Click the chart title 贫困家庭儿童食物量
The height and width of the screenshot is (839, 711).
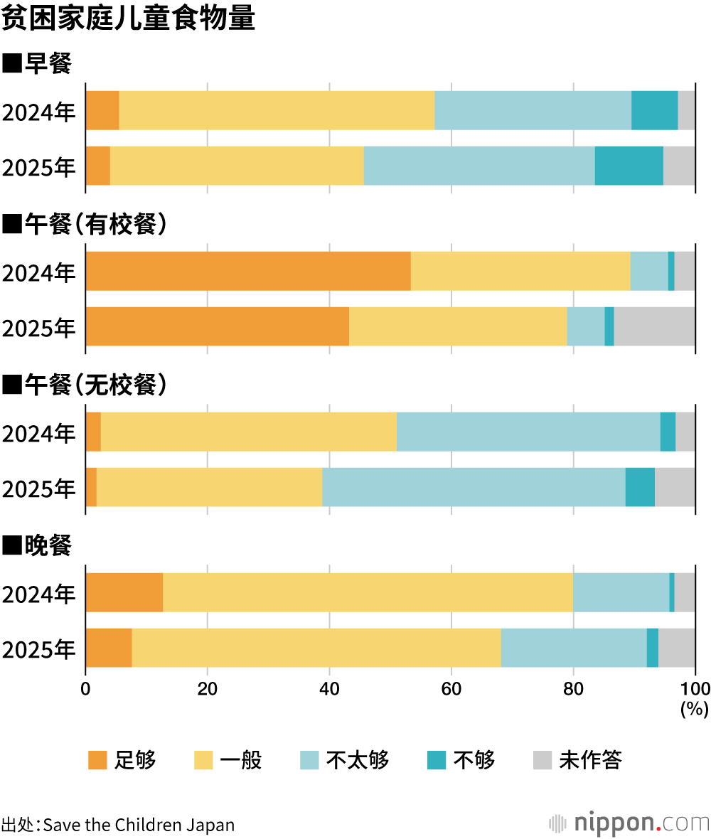[128, 19]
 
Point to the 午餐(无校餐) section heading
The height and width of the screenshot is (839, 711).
[85, 385]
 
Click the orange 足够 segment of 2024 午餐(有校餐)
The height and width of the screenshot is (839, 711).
[247, 271]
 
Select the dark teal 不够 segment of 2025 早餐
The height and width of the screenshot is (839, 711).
[629, 166]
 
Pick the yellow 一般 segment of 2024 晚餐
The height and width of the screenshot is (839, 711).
[368, 592]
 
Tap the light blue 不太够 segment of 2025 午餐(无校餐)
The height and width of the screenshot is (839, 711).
[474, 487]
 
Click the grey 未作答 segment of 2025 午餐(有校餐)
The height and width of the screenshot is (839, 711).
[654, 326]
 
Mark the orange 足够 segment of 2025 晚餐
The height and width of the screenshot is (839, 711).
[109, 648]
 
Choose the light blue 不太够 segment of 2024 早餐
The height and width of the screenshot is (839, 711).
[533, 110]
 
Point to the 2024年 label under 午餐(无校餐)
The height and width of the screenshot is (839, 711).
[39, 433]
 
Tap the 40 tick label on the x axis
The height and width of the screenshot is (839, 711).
[329, 688]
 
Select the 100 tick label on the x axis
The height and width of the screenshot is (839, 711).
[695, 688]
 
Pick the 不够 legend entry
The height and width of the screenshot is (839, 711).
[461, 760]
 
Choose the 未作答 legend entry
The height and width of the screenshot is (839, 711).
[577, 760]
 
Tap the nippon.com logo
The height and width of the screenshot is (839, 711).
[629, 823]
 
